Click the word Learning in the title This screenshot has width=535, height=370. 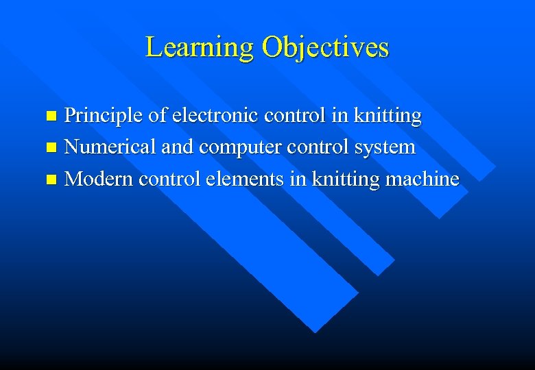coord(200,47)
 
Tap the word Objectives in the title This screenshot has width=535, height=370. coord(325,47)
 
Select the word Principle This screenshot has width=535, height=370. coord(103,116)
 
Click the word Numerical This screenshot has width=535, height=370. coord(106,147)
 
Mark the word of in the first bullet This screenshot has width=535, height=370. coord(157,116)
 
